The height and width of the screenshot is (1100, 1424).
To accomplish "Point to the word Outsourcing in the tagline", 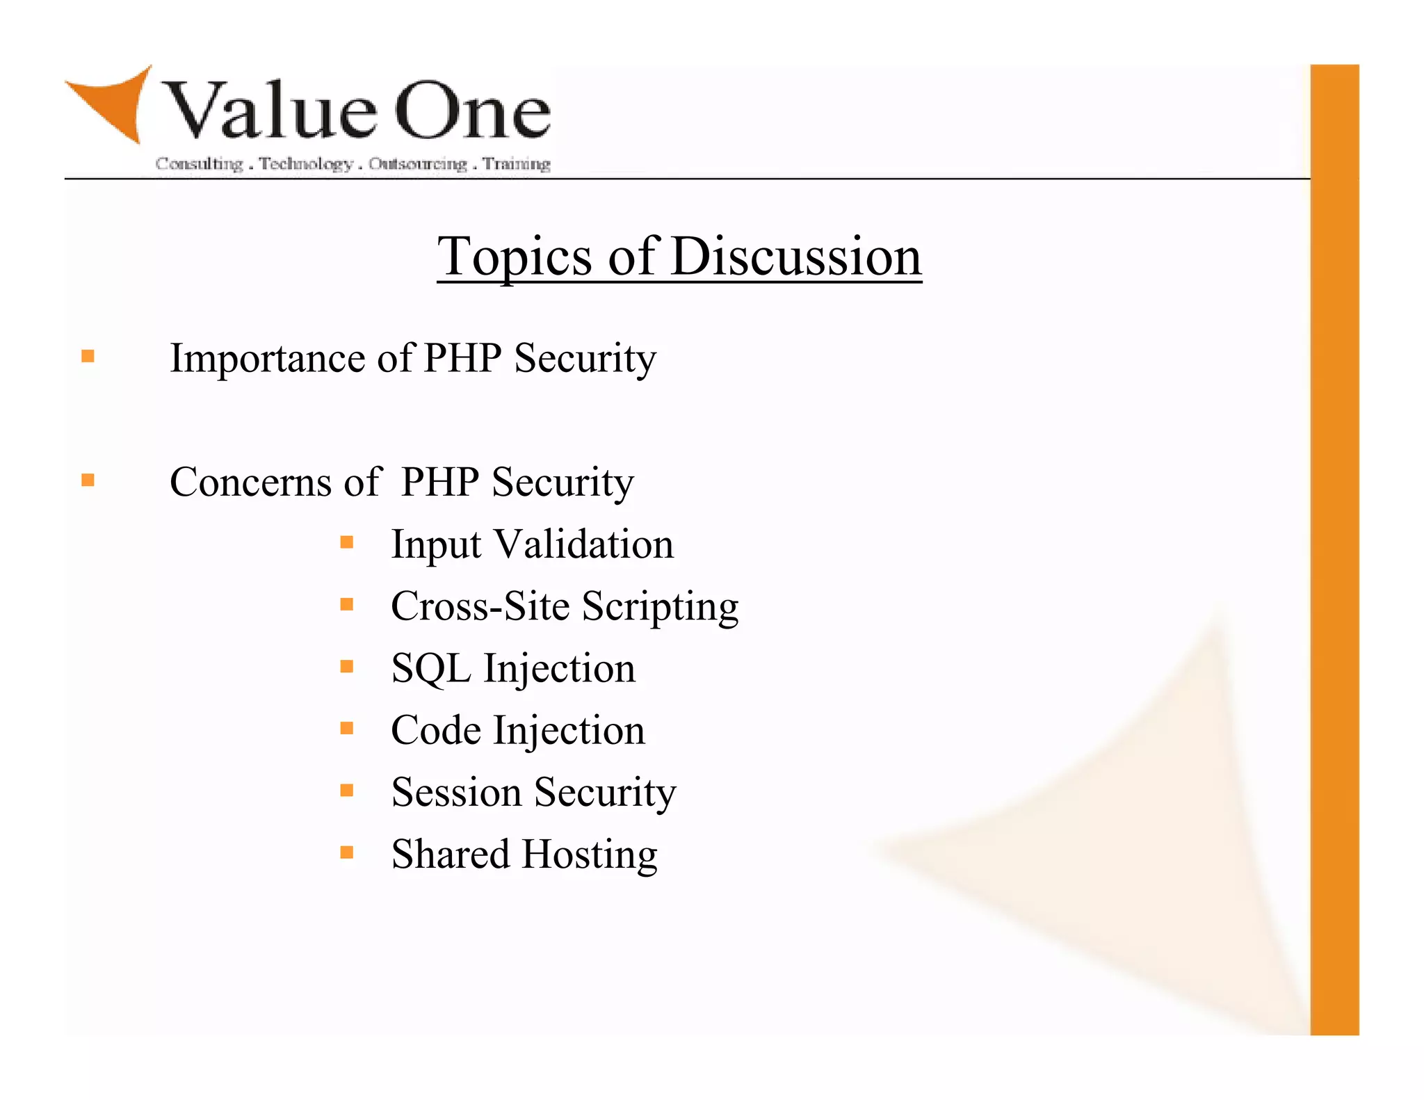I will click(418, 164).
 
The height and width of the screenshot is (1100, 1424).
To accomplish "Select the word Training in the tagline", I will click(517, 164).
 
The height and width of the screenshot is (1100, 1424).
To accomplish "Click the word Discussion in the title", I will click(796, 257).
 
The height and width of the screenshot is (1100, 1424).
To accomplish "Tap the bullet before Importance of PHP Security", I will click(88, 357).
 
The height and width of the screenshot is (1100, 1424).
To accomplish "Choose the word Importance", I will click(268, 359).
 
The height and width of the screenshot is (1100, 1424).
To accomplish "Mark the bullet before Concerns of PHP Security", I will click(88, 480).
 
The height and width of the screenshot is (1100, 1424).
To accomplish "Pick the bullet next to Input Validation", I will click(347, 542).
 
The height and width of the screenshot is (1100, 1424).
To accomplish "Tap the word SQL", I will click(430, 669).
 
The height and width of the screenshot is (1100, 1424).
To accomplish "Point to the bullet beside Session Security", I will click(347, 790).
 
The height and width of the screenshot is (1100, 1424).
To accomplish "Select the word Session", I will click(456, 793).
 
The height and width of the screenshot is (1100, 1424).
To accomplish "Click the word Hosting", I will click(590, 855).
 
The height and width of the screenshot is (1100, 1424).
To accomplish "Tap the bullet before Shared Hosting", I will click(347, 852).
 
